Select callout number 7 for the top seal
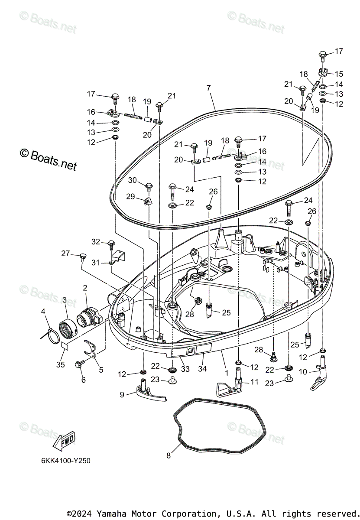coord(209,88)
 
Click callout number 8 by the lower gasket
coord(169,455)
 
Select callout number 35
coord(60,365)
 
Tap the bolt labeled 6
coord(80,365)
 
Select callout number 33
coord(185,369)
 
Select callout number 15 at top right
coord(339,74)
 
